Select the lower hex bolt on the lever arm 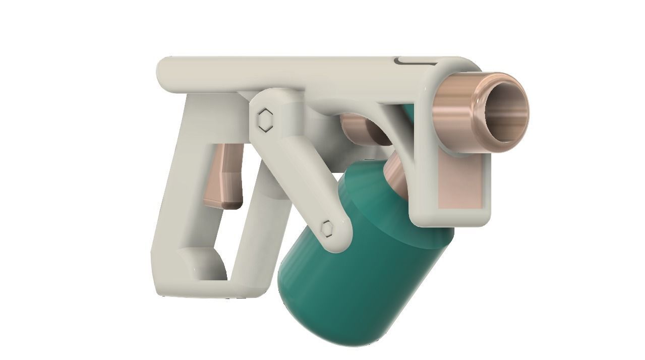pyautogui.click(x=327, y=228)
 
